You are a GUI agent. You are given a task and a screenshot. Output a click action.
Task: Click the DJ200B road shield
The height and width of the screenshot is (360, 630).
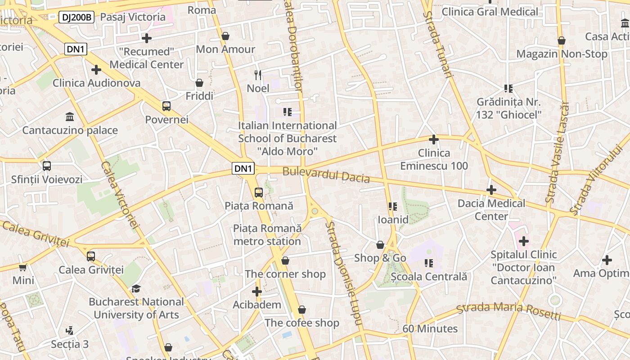point(76,18)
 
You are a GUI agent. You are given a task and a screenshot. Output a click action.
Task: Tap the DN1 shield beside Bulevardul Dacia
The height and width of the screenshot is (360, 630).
point(243,169)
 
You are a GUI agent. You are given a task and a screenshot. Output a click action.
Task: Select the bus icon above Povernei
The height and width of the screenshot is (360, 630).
point(166,106)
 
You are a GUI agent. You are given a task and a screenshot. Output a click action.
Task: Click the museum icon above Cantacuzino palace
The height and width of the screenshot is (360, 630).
point(70,117)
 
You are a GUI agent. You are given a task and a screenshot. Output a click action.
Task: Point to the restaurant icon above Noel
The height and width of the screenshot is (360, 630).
point(258,75)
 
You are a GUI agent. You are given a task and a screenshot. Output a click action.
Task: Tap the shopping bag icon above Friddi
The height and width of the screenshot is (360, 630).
point(199,83)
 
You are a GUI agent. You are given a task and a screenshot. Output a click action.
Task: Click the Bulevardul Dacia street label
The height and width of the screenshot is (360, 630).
point(326,175)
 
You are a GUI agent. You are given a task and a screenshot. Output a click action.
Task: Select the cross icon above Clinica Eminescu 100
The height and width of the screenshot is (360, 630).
point(434,139)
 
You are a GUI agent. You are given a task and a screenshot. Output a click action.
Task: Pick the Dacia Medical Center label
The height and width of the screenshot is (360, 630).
point(491,210)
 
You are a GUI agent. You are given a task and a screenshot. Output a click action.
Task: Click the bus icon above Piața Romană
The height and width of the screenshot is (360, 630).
point(259,193)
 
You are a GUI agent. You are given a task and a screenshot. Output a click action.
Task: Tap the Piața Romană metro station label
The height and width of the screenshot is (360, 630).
point(267,235)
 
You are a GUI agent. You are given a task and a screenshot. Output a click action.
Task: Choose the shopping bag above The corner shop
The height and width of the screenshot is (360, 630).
point(285,261)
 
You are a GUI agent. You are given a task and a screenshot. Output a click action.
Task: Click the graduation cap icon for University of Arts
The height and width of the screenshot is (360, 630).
point(136,288)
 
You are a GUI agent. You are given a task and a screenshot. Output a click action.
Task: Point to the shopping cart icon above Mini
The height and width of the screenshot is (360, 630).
point(23,267)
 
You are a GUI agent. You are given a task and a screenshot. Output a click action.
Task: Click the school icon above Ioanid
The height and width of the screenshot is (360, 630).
point(393,207)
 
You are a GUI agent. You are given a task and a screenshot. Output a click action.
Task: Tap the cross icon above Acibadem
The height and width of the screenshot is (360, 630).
point(257,292)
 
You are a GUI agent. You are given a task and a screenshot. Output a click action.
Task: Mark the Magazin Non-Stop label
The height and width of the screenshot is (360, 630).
point(562,54)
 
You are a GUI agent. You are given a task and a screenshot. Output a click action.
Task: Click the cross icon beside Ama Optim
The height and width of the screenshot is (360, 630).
point(607,260)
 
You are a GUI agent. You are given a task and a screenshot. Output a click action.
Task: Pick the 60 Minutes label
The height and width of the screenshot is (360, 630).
point(430,329)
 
